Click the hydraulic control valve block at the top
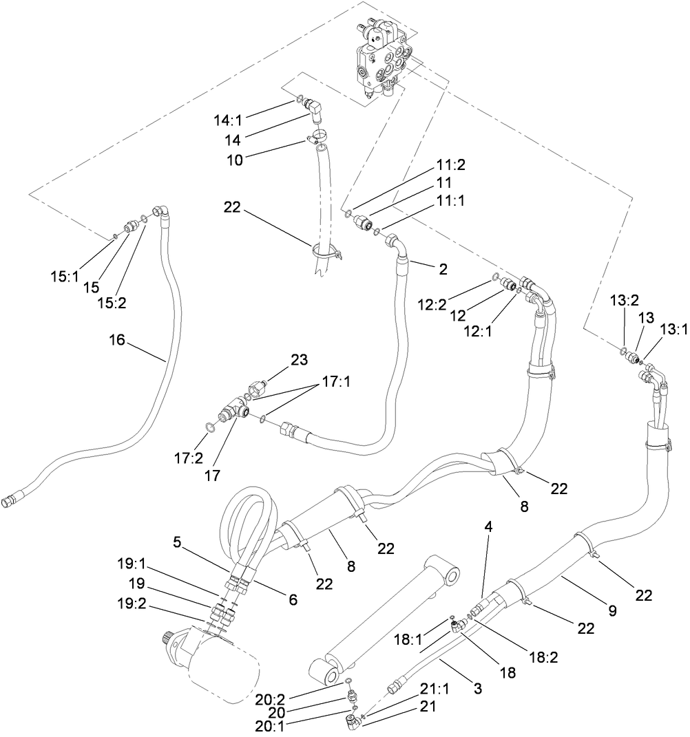click(383, 62)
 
